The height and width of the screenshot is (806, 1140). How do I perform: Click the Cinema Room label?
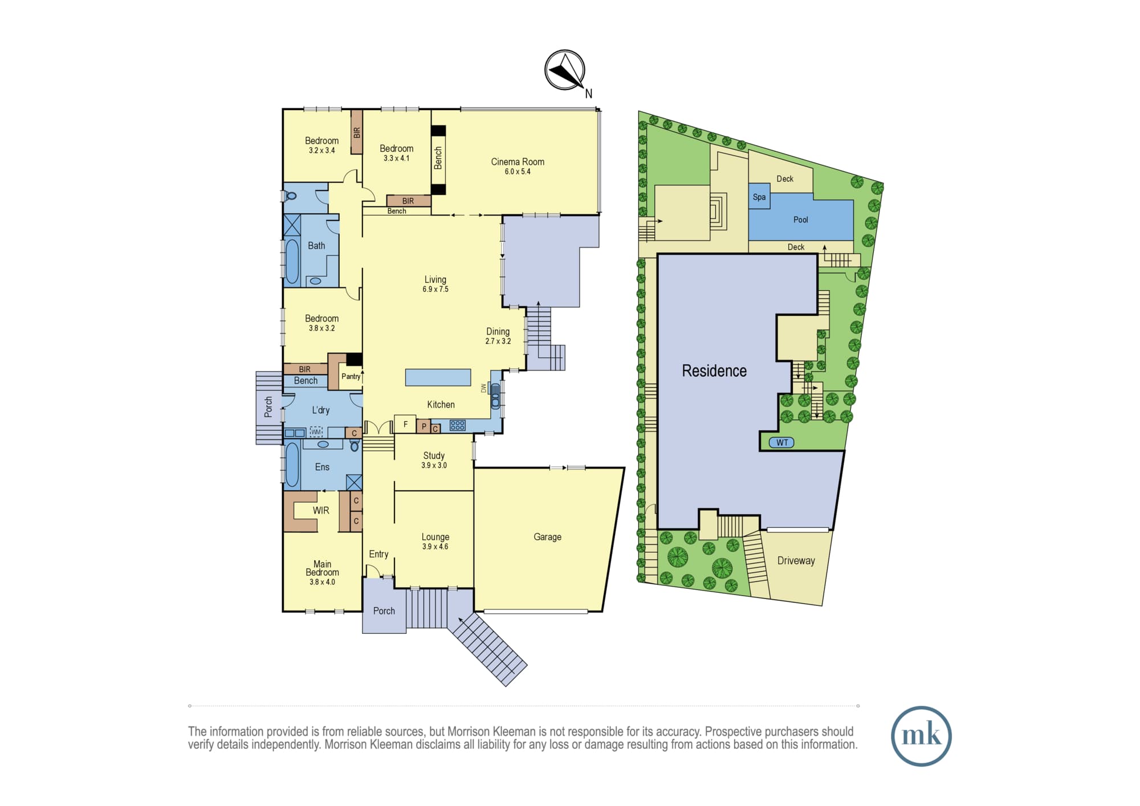point(518,162)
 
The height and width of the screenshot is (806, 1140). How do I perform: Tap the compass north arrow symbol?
point(565,70)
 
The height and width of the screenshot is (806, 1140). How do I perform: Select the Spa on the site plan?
point(759,197)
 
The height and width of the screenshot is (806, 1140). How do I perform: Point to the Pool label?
point(801,219)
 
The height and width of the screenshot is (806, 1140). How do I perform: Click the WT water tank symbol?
point(782,442)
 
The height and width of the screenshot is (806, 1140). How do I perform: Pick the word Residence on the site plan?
point(714,371)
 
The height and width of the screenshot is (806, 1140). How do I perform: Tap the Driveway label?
point(796,560)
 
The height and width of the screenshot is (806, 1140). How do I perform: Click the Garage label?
point(547,537)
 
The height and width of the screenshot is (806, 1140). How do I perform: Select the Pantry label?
point(351,376)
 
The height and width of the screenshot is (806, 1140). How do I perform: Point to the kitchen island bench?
point(438,377)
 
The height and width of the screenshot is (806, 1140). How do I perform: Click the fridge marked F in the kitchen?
point(405,424)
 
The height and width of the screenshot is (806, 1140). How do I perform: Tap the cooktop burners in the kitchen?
point(458,425)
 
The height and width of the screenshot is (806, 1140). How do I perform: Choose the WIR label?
point(321,511)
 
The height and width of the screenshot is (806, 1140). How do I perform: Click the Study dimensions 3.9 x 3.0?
point(434,465)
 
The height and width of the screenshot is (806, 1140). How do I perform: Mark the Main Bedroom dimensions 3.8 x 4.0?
point(322,582)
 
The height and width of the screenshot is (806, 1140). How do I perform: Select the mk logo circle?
point(921,736)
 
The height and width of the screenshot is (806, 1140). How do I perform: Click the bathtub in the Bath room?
point(292,262)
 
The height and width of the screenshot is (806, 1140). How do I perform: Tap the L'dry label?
point(320,410)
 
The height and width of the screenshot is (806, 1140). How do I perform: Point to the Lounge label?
point(435,537)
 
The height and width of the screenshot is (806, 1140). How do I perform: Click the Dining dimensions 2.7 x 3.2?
point(498,341)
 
